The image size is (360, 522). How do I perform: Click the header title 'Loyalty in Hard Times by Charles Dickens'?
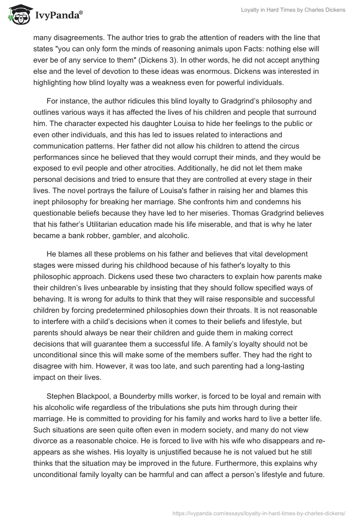[292, 10]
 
